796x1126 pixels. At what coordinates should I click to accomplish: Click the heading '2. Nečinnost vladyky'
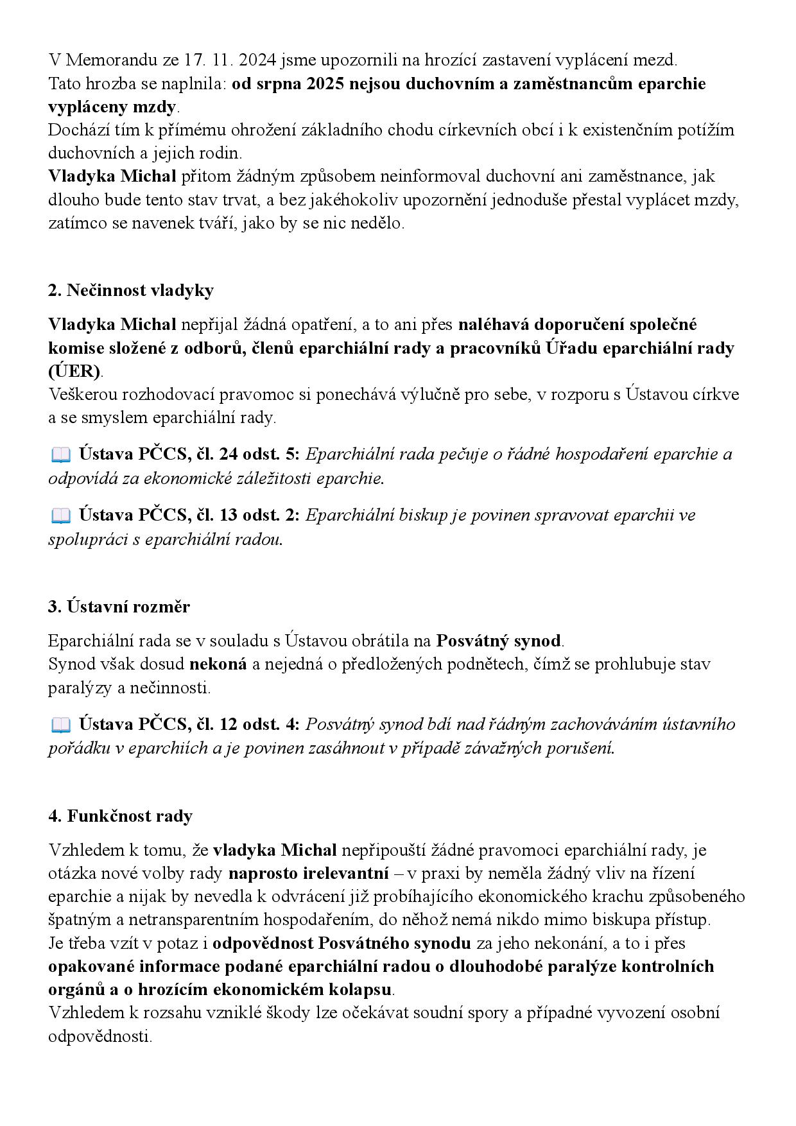click(x=130, y=291)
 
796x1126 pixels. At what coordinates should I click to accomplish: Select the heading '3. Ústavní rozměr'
click(x=119, y=607)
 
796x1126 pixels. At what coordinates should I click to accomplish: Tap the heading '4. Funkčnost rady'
click(x=120, y=817)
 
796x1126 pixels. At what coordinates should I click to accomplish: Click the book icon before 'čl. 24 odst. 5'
click(x=60, y=455)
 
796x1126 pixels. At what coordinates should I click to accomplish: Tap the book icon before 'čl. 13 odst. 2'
click(x=60, y=515)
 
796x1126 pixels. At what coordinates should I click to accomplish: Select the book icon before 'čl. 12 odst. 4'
click(x=60, y=725)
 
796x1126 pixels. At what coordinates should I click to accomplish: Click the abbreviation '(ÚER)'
click(x=74, y=372)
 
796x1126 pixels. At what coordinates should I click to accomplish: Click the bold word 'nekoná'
click(x=218, y=664)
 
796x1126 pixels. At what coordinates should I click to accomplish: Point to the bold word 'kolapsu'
click(x=359, y=990)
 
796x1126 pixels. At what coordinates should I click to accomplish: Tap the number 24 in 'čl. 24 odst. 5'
click(x=229, y=455)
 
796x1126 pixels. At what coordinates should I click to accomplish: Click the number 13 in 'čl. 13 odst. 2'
click(x=229, y=515)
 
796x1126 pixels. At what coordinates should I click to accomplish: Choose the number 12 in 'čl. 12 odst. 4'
click(x=229, y=724)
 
